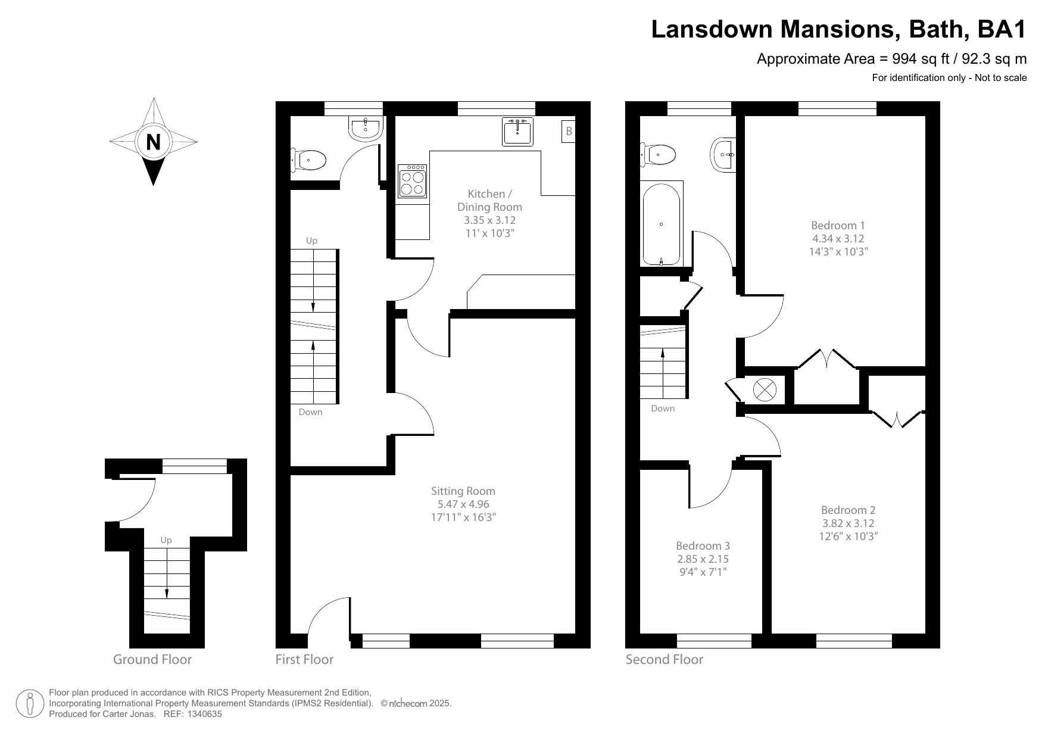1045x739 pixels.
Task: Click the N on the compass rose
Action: point(154,142)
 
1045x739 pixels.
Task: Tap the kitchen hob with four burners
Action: point(412,180)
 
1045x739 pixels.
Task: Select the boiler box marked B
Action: point(569,132)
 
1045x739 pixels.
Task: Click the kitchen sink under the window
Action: point(517,132)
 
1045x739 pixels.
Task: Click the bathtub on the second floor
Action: point(662,223)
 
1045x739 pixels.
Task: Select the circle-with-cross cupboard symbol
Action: point(765,390)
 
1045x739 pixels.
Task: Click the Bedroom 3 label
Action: point(703,545)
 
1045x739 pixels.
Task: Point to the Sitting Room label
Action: point(463,491)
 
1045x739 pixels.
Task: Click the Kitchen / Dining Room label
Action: point(489,200)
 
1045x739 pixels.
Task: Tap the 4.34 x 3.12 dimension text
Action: point(838,238)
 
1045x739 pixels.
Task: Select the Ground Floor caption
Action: point(152,659)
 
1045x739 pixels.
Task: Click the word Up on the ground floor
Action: point(166,540)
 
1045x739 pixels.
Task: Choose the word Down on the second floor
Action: point(663,409)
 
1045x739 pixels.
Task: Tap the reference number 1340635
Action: point(205,714)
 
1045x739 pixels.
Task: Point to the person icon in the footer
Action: point(30,703)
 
